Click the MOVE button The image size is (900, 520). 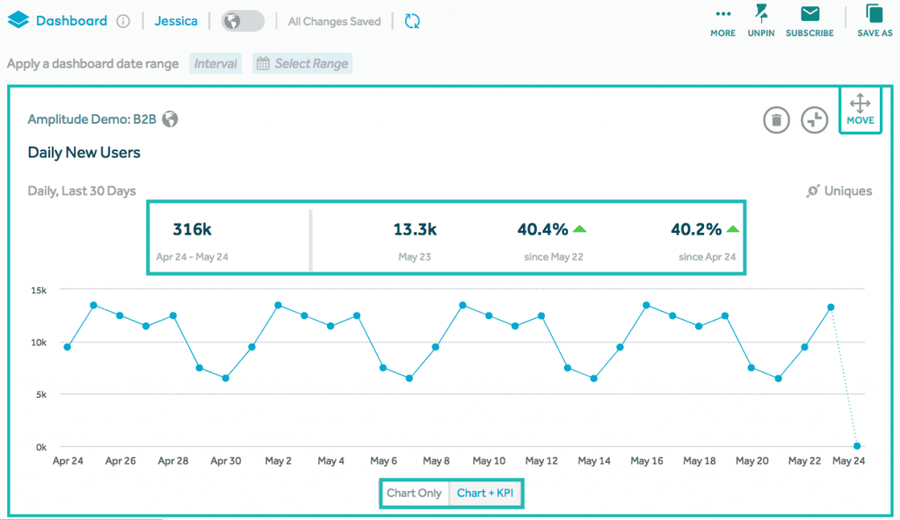[860, 110]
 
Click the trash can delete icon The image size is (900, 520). [776, 119]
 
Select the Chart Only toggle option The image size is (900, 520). [414, 493]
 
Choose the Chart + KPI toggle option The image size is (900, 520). [485, 493]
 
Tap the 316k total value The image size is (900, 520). [192, 230]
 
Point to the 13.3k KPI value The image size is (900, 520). [415, 230]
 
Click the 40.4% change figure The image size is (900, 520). [542, 230]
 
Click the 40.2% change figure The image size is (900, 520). [696, 230]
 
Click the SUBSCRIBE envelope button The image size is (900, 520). [809, 21]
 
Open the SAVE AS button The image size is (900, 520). [875, 21]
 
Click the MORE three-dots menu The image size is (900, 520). [723, 21]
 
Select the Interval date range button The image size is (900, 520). [216, 63]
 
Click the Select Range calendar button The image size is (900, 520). [301, 63]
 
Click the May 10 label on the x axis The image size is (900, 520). [489, 460]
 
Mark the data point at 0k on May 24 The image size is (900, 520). [857, 446]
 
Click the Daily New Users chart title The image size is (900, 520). [84, 153]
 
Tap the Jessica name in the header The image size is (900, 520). [176, 21]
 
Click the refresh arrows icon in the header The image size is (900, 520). [412, 21]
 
